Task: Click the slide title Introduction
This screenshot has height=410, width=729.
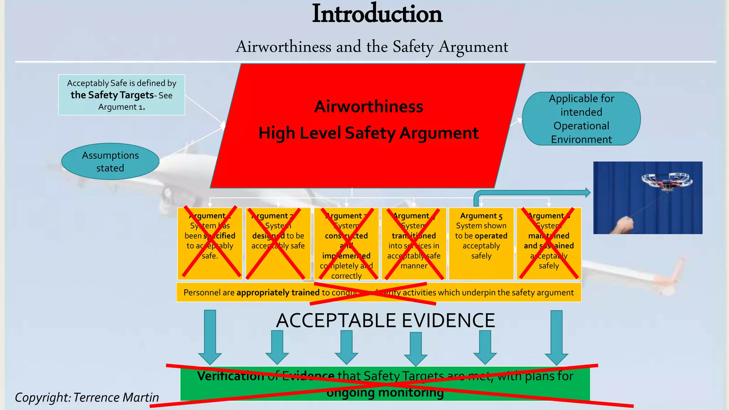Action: click(377, 14)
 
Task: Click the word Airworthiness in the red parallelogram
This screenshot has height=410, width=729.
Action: click(369, 106)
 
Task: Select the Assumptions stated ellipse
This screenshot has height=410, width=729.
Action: click(110, 162)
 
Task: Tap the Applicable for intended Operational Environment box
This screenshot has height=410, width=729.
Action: click(581, 119)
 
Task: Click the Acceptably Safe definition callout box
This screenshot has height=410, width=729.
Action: click(121, 95)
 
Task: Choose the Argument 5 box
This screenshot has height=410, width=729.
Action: click(481, 243)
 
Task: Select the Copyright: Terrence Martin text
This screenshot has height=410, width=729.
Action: click(87, 397)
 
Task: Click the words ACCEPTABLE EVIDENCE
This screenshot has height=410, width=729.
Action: click(386, 320)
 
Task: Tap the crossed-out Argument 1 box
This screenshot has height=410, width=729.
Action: click(210, 243)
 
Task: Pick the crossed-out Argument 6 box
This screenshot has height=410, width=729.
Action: click(549, 243)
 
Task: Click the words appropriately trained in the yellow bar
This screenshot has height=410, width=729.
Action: click(278, 293)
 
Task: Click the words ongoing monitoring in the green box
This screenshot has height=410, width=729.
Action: click(385, 393)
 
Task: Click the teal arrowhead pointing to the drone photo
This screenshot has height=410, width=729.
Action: click(587, 193)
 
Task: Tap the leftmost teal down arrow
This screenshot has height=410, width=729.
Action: click(210, 336)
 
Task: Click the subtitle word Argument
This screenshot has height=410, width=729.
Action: click(473, 47)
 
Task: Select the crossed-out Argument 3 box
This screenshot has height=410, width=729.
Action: click(346, 243)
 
